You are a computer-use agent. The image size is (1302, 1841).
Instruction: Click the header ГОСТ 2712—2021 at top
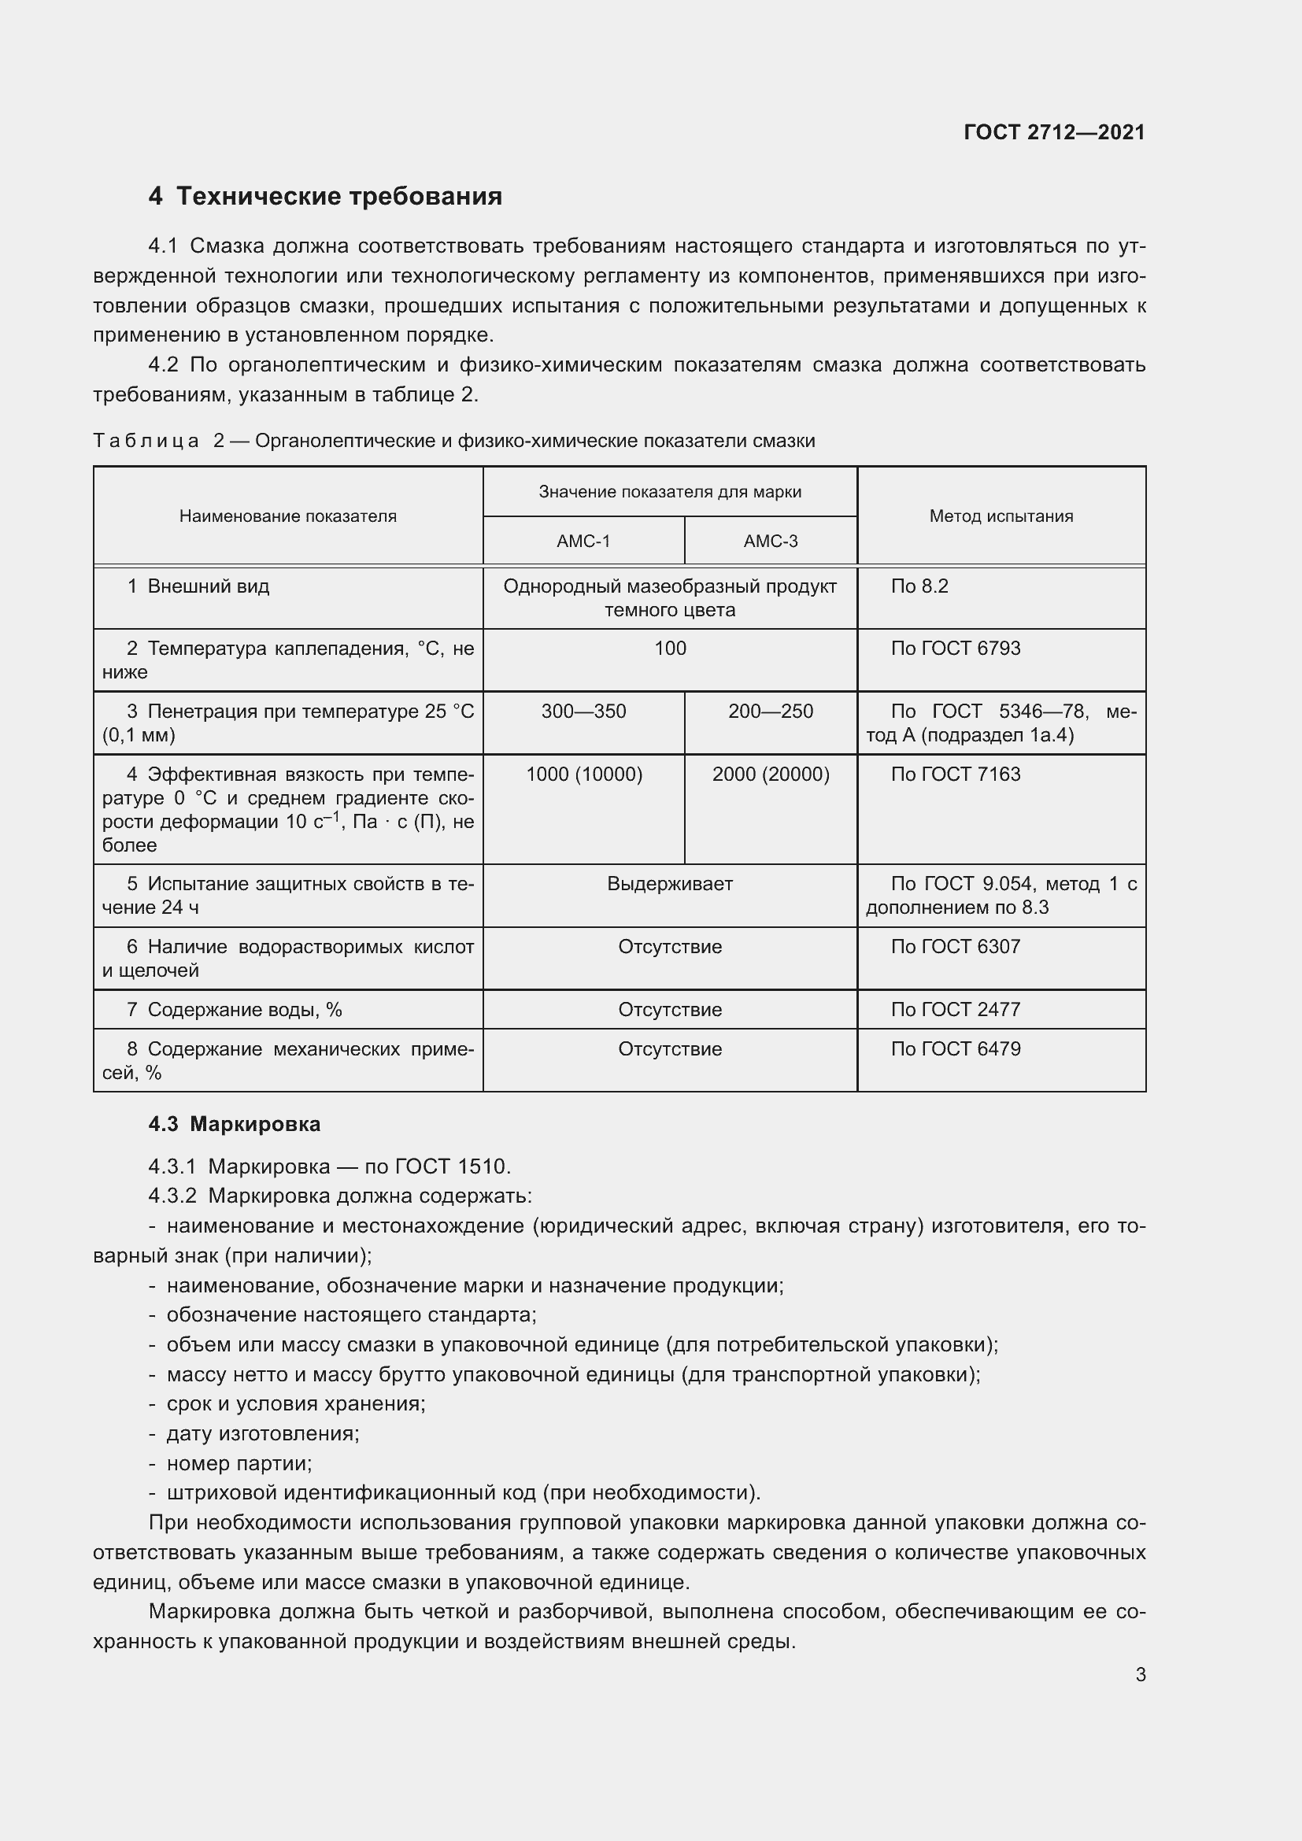1053,132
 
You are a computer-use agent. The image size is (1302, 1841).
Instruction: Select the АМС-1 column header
583,542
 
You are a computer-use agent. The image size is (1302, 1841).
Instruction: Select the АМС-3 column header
771,542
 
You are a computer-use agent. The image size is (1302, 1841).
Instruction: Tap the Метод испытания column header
1001,516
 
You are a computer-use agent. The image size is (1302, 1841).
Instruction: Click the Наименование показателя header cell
288,516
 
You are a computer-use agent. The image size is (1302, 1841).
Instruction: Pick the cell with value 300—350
583,712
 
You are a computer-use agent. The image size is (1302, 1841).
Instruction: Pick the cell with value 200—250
771,712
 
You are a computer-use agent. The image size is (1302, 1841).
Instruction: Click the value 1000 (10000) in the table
583,774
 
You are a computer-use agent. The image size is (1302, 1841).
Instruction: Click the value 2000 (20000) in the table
771,774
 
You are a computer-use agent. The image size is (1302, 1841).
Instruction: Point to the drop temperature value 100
669,649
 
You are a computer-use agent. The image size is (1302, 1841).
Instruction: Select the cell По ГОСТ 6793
955,649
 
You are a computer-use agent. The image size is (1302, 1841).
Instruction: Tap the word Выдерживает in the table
669,885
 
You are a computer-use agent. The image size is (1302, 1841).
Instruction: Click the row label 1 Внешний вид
198,587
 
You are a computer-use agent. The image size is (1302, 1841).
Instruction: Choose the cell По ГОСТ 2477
955,1010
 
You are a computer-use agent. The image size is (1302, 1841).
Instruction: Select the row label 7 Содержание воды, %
234,1010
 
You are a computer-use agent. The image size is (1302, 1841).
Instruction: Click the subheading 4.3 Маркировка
234,1124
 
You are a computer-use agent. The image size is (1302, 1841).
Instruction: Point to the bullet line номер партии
239,1463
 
